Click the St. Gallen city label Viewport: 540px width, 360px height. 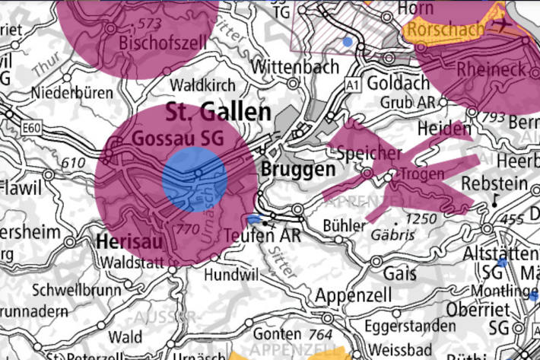click(218, 113)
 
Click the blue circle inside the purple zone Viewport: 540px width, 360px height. click(195, 180)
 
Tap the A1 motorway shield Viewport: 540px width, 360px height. click(351, 82)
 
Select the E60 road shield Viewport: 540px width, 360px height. click(31, 129)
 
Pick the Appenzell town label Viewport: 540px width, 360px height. click(354, 295)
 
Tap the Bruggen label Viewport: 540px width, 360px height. click(297, 169)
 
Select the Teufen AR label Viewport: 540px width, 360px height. click(264, 236)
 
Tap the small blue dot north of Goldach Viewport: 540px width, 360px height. click(348, 41)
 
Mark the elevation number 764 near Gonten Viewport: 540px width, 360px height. click(322, 334)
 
